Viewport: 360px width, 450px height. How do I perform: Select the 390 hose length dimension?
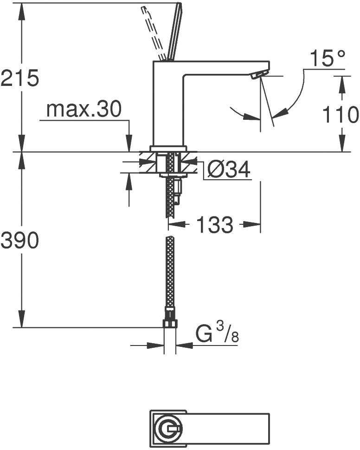click(x=19, y=240)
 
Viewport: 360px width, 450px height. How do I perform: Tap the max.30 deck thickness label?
click(x=84, y=110)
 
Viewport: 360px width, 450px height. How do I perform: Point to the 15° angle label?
click(x=328, y=59)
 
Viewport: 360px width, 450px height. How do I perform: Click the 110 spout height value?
click(x=341, y=115)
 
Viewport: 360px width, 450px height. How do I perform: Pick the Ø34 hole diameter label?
click(x=229, y=171)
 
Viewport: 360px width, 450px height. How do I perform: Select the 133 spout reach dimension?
click(x=214, y=225)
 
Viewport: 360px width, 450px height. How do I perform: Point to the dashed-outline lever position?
click(x=153, y=33)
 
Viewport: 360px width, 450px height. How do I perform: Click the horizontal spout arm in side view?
click(x=223, y=67)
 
